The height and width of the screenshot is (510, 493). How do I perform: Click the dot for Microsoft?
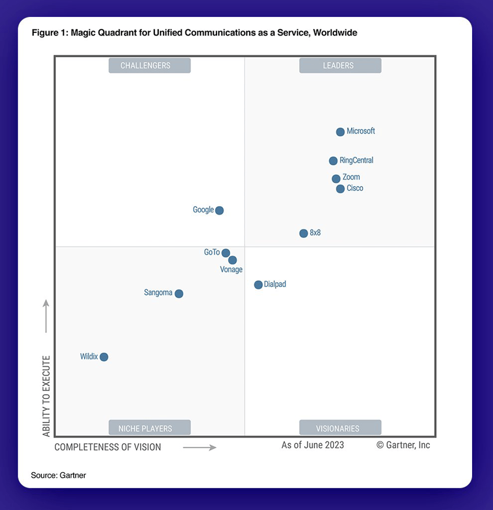coord(340,132)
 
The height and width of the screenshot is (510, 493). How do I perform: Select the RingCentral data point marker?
coord(334,161)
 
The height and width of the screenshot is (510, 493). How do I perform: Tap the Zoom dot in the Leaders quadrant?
coord(336,179)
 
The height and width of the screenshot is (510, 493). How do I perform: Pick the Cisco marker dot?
coord(340,189)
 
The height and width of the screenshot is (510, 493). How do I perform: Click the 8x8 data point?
coord(304,233)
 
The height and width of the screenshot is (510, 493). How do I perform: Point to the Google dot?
coord(219,211)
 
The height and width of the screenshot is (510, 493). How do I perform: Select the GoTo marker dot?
coord(226,253)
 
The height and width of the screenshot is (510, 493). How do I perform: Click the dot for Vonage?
coord(232,260)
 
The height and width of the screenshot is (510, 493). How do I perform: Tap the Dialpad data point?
coord(258,285)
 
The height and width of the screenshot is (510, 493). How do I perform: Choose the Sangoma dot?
coord(179,294)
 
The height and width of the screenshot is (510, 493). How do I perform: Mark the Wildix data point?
coord(103,357)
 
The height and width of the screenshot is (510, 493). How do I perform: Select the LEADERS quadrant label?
coord(340,66)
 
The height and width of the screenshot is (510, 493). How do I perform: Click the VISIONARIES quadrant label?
coord(340,428)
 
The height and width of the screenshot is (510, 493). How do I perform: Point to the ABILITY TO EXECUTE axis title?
coord(46,396)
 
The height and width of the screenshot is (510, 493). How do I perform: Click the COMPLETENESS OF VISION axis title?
coord(108,447)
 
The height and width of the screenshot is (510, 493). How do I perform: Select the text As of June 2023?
coord(313,445)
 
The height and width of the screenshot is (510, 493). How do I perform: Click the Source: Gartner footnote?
coord(59,475)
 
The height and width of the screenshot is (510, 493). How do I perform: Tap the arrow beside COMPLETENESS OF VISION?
coord(200,448)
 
